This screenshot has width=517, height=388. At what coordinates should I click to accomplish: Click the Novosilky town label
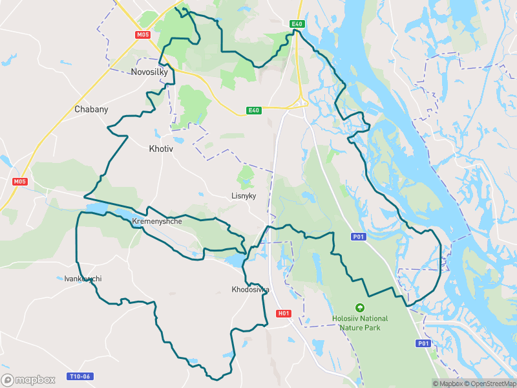(149, 72)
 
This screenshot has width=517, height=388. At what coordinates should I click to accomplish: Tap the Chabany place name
(91, 109)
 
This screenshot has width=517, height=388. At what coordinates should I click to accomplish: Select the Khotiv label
(161, 149)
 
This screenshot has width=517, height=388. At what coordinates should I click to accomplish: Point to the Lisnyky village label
(244, 195)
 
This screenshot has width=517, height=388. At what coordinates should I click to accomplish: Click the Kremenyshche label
(157, 221)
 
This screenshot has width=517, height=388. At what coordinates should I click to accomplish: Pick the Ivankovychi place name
(83, 279)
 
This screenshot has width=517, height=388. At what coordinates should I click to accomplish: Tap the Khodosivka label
(250, 290)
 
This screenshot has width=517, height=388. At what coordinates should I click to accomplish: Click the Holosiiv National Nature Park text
(360, 323)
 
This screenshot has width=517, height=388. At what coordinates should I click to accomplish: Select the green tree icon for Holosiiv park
(360, 308)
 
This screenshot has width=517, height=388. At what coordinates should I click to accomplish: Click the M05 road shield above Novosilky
(143, 35)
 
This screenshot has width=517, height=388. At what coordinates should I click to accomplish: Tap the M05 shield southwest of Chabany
(19, 182)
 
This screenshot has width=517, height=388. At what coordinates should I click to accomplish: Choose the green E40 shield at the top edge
(297, 24)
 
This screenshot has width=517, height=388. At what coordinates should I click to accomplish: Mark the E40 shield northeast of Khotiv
(254, 111)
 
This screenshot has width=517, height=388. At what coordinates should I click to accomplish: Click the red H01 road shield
(283, 314)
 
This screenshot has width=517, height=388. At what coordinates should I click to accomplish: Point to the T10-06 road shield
(80, 376)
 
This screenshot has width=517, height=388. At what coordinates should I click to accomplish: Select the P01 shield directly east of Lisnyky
(359, 237)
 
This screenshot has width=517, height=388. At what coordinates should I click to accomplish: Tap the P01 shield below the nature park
(423, 343)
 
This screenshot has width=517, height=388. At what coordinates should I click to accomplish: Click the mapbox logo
(28, 380)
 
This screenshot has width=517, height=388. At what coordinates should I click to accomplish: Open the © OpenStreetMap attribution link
(488, 383)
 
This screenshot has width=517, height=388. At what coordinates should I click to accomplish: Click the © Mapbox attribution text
(446, 383)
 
